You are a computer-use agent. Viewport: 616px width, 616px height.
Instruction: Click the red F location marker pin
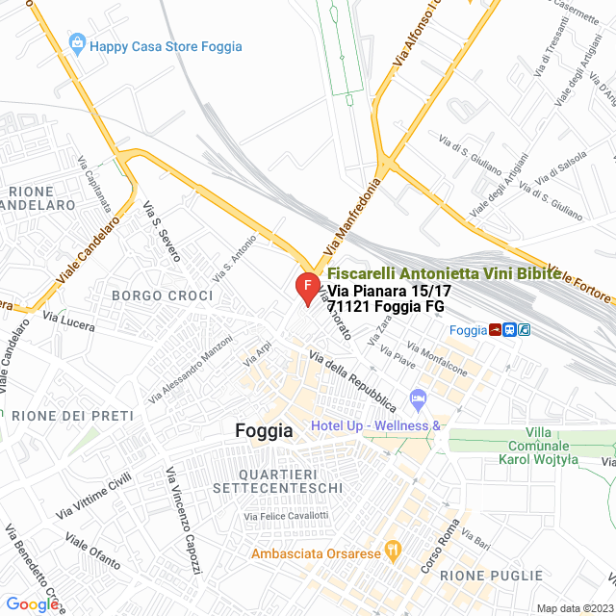pyautogui.click(x=306, y=287)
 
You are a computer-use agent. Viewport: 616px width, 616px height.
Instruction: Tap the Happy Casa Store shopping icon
pyautogui.click(x=77, y=43)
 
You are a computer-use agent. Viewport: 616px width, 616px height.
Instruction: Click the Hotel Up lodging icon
pyautogui.click(x=418, y=398)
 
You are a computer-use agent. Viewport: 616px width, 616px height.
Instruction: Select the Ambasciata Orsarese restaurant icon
pyautogui.click(x=392, y=551)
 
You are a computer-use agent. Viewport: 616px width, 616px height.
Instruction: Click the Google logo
pyautogui.click(x=33, y=603)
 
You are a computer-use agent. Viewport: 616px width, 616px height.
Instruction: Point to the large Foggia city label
pyautogui.click(x=264, y=432)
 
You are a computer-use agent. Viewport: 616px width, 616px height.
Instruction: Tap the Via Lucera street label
pyautogui.click(x=68, y=321)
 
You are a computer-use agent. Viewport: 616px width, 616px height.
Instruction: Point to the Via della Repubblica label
pyautogui.click(x=352, y=382)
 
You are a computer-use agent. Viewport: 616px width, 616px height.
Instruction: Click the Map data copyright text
pyautogui.click(x=574, y=608)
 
